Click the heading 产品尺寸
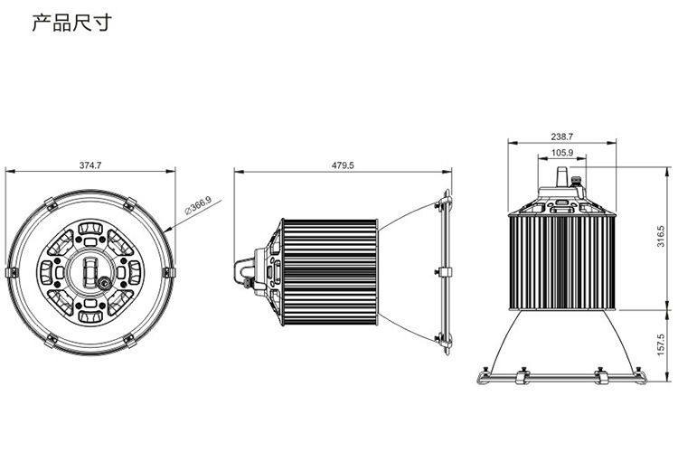(x=72, y=23)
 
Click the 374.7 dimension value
(x=89, y=165)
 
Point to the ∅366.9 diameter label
(x=199, y=205)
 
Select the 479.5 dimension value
(x=343, y=165)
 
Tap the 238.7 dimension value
(x=561, y=137)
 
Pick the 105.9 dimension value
(x=562, y=153)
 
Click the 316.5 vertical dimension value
(x=661, y=236)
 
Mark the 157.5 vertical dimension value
(x=661, y=344)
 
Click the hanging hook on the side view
(x=243, y=271)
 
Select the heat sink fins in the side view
(x=330, y=272)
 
